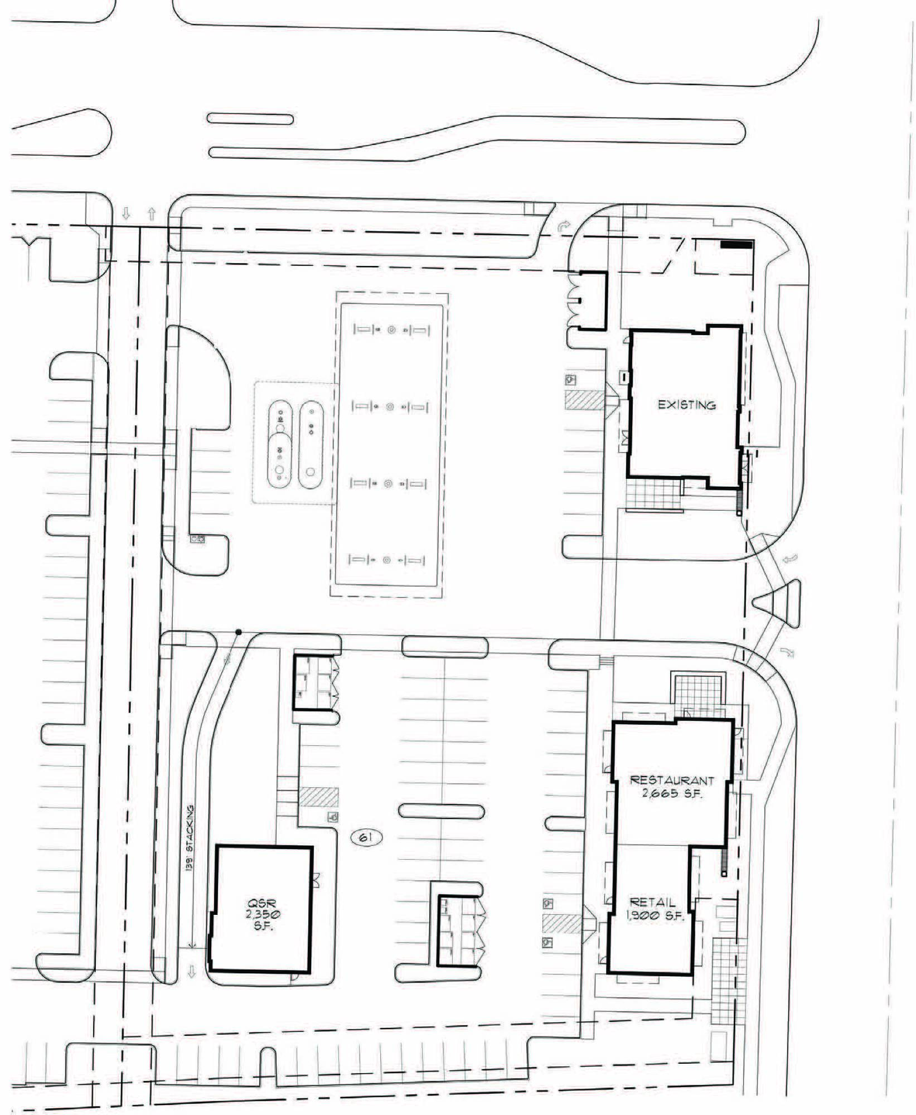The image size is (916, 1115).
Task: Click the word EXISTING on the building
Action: (686, 405)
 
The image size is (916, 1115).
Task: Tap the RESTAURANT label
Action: (672, 780)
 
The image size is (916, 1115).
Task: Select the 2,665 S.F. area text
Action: (672, 793)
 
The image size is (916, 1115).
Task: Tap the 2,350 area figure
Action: (262, 915)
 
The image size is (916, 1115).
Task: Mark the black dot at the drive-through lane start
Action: (238, 632)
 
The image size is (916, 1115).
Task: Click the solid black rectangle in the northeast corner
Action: (736, 244)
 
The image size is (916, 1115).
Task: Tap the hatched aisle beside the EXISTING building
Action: (585, 400)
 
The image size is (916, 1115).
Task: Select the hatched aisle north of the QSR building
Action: (318, 797)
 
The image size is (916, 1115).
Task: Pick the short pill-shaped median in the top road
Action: (250, 119)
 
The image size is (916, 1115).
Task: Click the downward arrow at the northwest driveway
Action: (126, 213)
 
